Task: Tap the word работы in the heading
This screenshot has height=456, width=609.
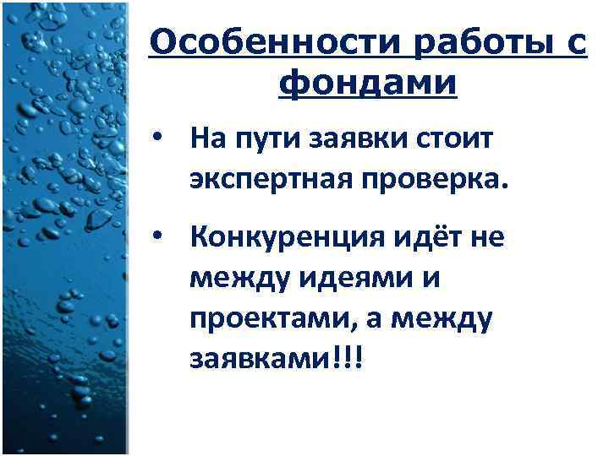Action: tap(480, 42)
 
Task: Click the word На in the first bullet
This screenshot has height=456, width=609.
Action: tap(206, 138)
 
